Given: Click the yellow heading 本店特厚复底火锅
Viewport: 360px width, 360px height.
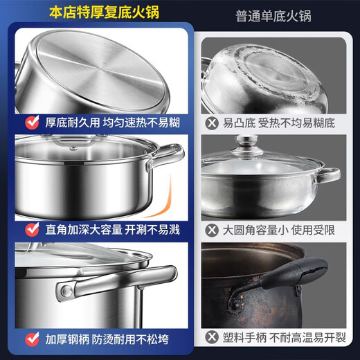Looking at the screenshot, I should tap(98, 12).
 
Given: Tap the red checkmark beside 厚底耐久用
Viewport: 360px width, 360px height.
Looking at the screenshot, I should tap(31, 123).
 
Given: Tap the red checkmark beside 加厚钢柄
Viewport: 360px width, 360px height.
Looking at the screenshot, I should tap(31, 339).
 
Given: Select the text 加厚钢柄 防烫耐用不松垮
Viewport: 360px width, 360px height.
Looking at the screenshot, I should tap(107, 339).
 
